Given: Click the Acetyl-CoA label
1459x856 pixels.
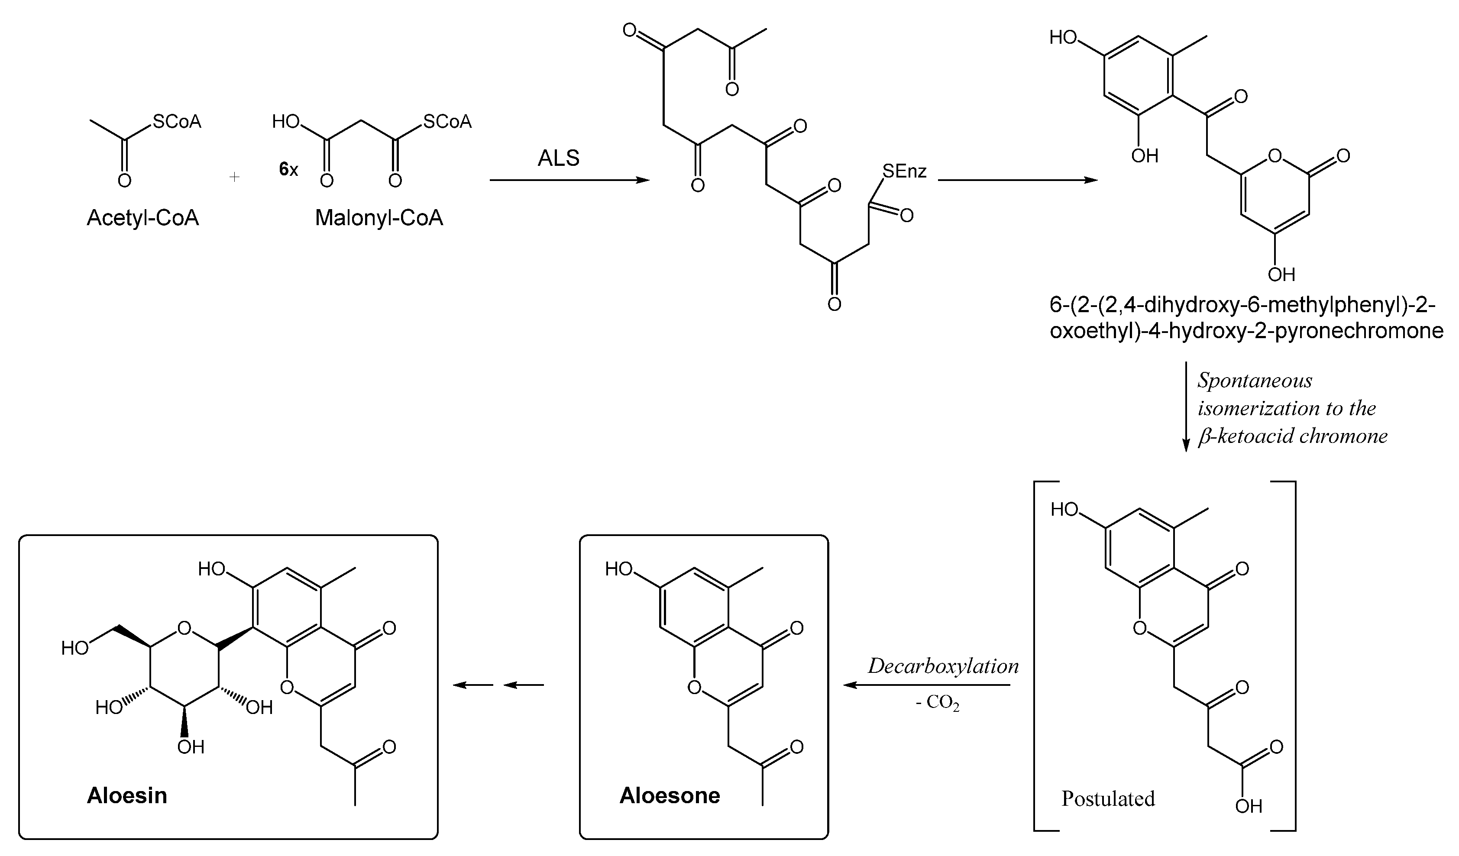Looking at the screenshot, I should coord(142,218).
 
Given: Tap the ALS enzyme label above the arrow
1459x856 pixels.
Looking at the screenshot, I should coord(558,158).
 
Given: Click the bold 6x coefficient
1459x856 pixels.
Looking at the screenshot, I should coord(288,170).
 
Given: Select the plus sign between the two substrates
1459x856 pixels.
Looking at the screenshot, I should coord(234,177).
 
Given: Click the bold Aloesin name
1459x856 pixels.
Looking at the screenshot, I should coord(127,796).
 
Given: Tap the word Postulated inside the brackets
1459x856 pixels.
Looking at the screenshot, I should coord(1107,799).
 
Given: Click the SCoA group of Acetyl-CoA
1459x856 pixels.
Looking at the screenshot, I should coord(177,122).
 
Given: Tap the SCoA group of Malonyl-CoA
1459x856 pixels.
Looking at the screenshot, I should coord(447,122).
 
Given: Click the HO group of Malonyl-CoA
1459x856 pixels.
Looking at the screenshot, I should coord(285,122).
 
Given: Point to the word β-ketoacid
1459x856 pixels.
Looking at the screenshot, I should coord(1245,436).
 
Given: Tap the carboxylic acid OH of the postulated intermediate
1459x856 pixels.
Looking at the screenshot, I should coord(1249,806).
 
